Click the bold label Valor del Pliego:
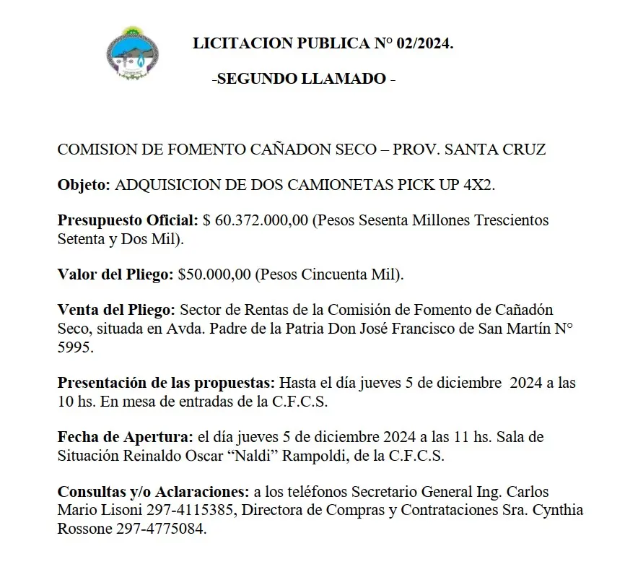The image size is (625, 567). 115,274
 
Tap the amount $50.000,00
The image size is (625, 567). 214,274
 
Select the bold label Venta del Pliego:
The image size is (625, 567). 116,310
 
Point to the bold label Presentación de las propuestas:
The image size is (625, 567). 166,382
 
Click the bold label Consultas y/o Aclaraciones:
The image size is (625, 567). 154,492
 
